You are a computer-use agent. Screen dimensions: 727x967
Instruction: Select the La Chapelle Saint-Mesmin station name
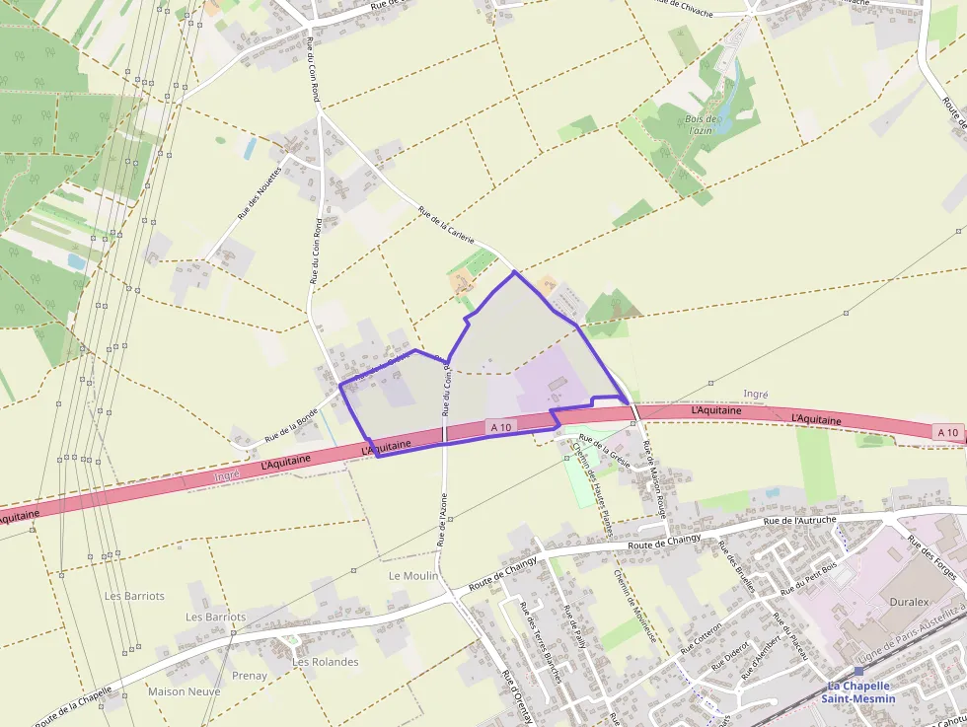[x=861, y=692]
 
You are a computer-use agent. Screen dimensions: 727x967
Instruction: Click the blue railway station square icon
[x=858, y=671]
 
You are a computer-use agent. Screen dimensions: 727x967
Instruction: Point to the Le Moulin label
[x=412, y=575]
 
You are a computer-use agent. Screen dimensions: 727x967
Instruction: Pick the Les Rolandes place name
[x=326, y=662]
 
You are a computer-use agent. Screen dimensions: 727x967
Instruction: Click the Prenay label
[x=250, y=676]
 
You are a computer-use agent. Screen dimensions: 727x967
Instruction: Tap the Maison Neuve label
[x=185, y=691]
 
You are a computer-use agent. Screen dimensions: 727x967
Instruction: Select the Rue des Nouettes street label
[x=260, y=191]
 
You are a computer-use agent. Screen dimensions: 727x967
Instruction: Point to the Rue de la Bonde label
[x=291, y=424]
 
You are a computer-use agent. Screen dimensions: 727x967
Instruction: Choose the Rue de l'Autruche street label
[x=800, y=520]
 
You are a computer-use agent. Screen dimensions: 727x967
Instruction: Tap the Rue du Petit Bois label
[x=808, y=577]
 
